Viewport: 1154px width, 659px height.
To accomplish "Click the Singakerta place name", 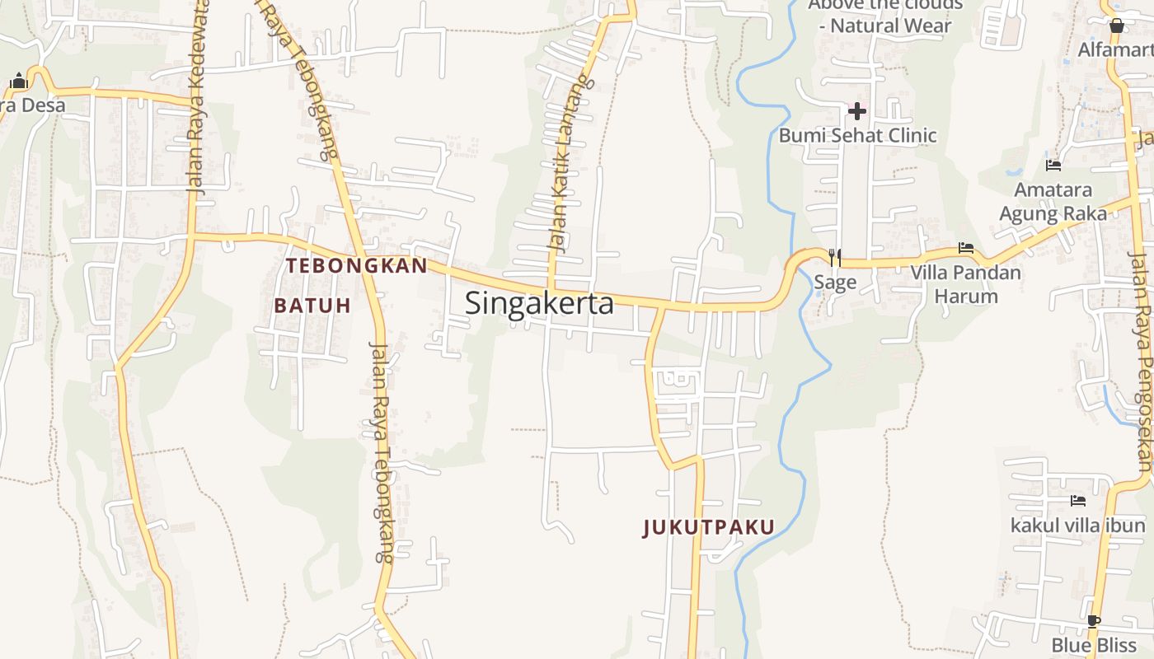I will pos(539,303).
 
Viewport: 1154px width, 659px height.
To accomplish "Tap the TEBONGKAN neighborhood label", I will pos(356,265).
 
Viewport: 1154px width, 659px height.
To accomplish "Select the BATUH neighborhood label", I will pos(312,306).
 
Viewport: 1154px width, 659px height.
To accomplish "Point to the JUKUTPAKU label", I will pos(709,527).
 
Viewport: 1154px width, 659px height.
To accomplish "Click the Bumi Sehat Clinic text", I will pos(857,135).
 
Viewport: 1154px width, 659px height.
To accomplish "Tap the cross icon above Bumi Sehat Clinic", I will pos(857,110).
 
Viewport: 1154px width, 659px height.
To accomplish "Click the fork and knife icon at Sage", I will pos(835,258).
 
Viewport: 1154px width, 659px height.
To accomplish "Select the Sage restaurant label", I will pos(835,283).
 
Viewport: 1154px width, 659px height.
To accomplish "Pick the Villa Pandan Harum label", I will pos(965,283).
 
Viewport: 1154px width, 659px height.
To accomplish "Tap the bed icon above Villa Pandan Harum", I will pos(965,248).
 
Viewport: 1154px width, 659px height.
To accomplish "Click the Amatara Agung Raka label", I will pos(1053,202).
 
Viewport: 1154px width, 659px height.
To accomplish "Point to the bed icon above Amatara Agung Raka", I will pos(1053,166).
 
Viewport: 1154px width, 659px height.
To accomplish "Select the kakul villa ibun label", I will pos(1077,525).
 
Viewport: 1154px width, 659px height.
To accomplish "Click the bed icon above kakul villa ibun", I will pos(1077,501).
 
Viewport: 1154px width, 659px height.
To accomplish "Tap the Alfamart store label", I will pos(1114,50).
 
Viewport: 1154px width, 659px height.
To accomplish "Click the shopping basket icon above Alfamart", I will pos(1117,26).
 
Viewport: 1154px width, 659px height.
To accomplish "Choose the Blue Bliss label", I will pos(1093,644).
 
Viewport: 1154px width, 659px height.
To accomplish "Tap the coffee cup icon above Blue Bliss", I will pos(1093,621).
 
